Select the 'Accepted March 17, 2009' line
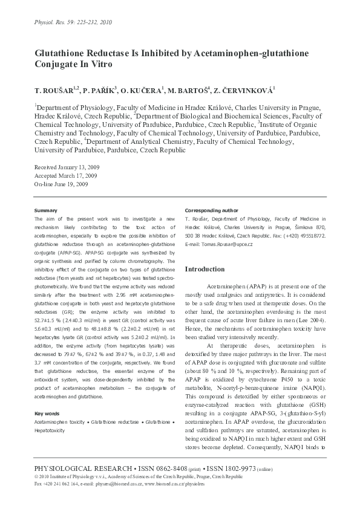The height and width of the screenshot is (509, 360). (x=65, y=175)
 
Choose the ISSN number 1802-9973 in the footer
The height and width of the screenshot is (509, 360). (x=249, y=468)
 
